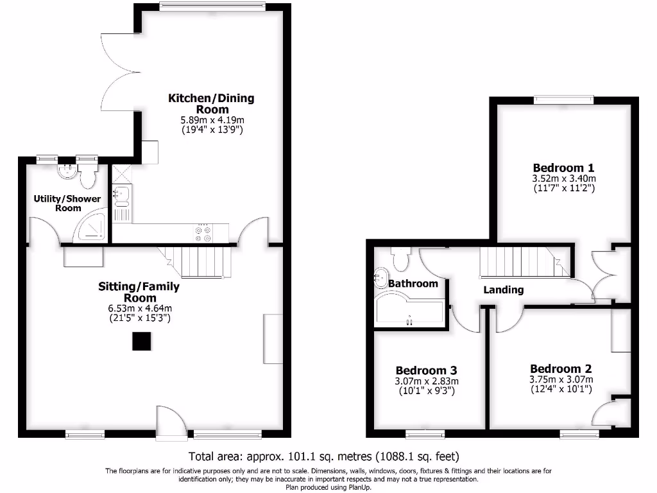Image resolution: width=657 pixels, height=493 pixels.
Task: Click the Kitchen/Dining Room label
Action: click(211, 103)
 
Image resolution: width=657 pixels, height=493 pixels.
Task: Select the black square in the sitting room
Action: click(141, 342)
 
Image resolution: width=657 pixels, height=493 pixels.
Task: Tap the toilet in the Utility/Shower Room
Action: click(87, 174)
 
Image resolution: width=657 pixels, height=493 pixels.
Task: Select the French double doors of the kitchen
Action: click(119, 71)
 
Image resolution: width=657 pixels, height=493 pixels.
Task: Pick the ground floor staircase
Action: click(199, 262)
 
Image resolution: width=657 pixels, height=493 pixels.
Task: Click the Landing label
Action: click(503, 290)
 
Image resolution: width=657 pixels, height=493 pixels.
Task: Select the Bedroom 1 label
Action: click(559, 168)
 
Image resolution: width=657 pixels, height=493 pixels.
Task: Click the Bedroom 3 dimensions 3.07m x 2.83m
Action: click(427, 381)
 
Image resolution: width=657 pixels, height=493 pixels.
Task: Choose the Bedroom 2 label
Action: click(561, 368)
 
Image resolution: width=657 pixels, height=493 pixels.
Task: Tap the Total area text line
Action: click(323, 457)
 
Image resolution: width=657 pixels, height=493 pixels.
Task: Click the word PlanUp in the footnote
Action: click(358, 487)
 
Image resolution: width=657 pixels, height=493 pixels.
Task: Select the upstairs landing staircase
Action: click(523, 263)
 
